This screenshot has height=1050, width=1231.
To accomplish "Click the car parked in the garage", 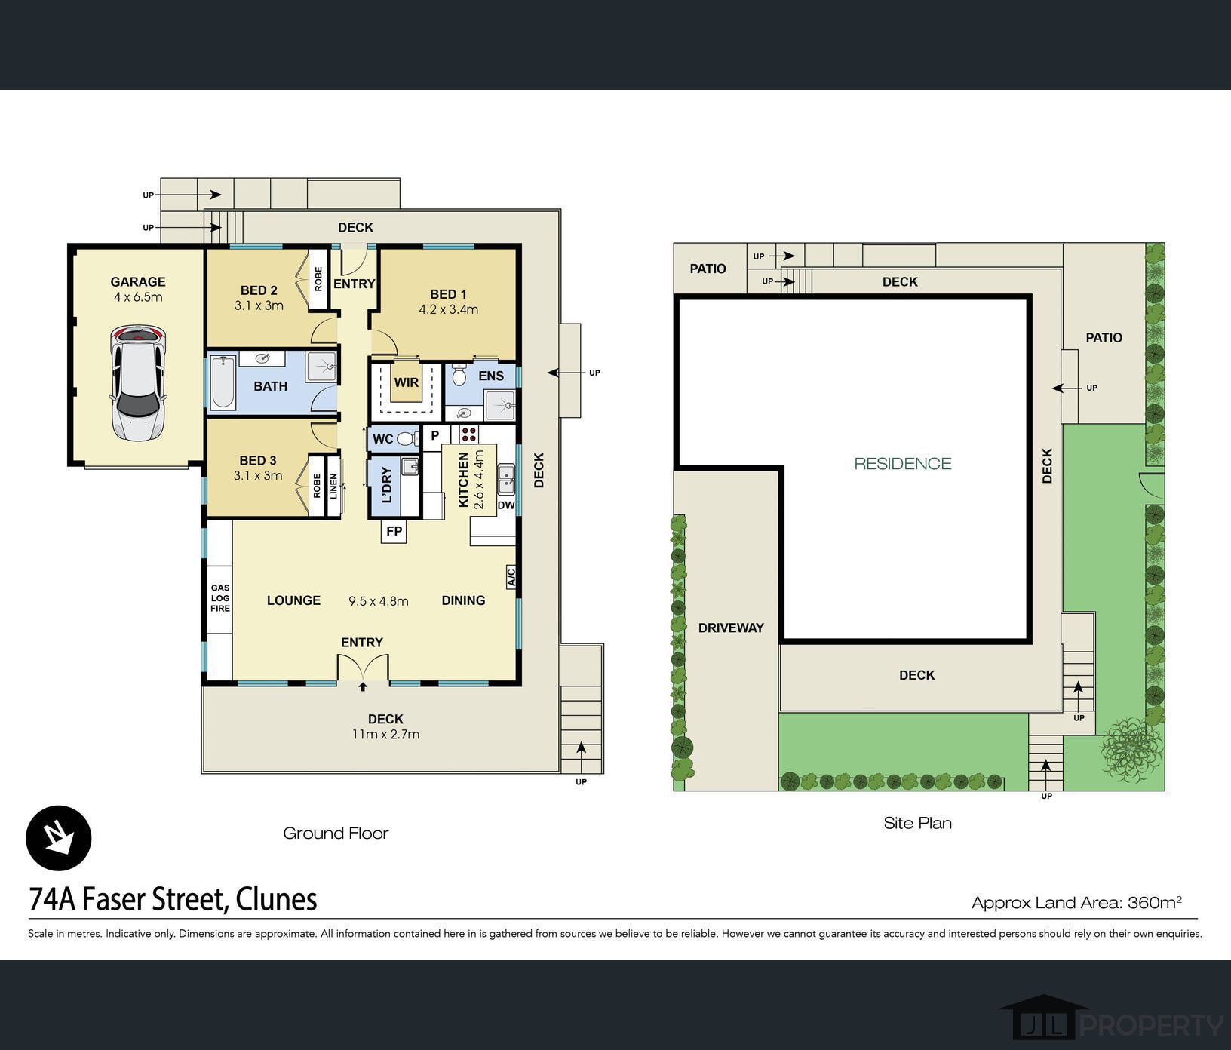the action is coord(137,382).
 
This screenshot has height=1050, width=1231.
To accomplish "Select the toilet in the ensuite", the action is coord(459,375).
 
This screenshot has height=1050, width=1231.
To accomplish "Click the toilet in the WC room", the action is coord(407,438).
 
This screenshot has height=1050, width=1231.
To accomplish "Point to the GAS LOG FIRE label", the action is coord(220,598).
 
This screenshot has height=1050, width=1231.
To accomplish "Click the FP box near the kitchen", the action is coord(394,531).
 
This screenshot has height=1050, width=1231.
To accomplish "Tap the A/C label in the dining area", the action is coord(511,577).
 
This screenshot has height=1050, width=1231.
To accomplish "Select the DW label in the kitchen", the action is coord(506,505).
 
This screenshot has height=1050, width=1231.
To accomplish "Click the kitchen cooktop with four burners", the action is coord(468,434).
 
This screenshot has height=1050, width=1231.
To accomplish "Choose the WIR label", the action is coord(407,382).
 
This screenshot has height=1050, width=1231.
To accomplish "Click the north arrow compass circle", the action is coord(59,838).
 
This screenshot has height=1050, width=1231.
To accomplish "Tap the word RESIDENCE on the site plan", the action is coord(903,463).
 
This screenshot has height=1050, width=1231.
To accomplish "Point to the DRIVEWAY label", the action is coord(731,628).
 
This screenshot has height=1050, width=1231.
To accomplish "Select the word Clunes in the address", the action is coord(276,899).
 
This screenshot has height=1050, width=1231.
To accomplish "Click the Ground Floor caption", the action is coord(336,834).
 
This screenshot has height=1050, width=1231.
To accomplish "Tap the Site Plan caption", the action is coord(918,823).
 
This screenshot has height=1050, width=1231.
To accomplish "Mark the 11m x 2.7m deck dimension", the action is coord(385,735).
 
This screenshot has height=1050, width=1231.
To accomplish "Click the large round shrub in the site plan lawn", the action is coord(1131,750).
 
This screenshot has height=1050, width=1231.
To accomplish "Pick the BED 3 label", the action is coord(258,460).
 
